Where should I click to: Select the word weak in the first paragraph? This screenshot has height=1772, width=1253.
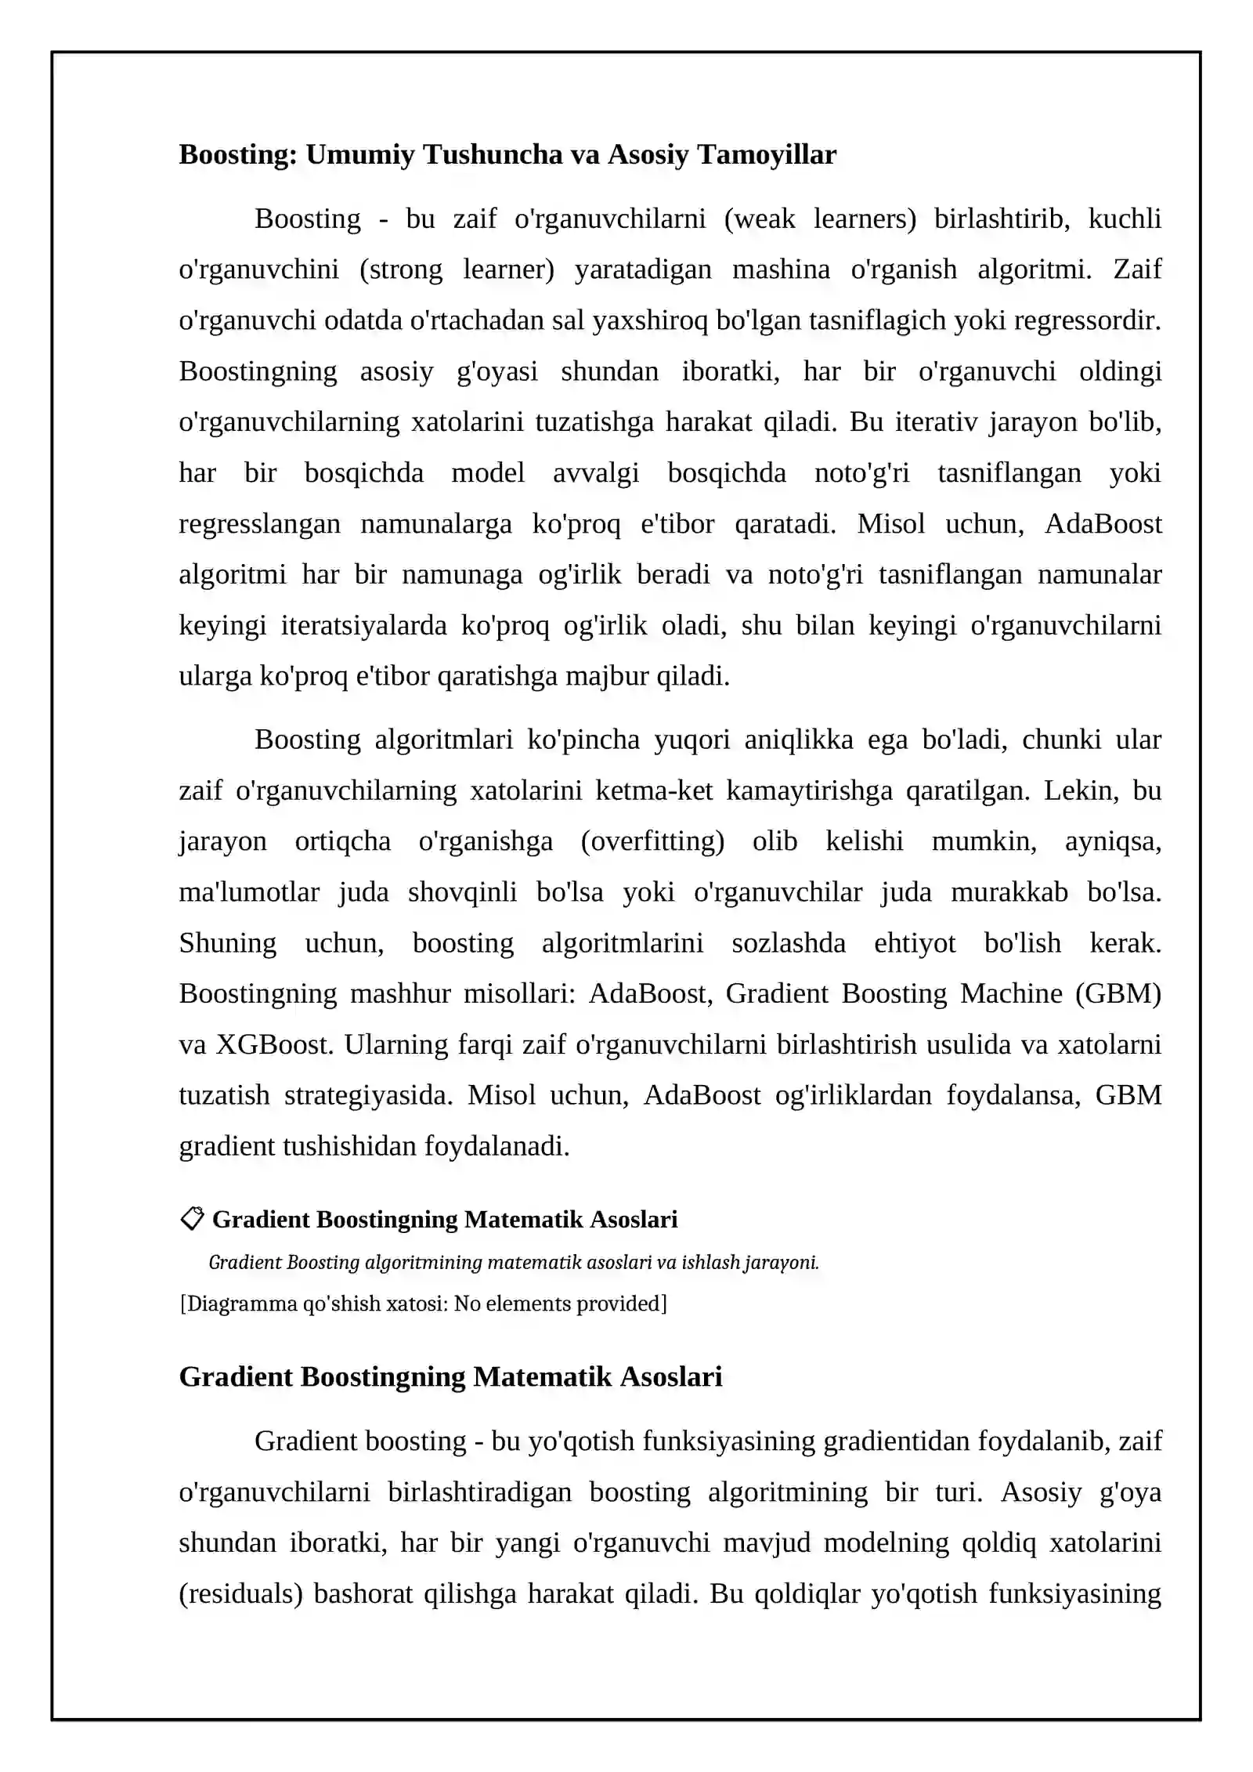point(760,219)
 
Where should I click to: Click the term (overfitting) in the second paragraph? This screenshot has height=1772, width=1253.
point(652,841)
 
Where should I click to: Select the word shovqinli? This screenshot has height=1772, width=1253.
point(462,892)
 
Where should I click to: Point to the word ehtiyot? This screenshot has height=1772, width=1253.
point(915,943)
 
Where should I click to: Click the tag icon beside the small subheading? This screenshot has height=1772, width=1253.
point(191,1218)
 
